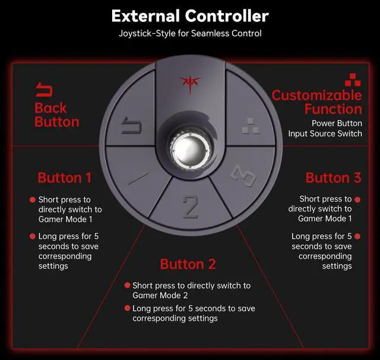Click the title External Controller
point(190,16)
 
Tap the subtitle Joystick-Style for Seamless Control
point(190,33)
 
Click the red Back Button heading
point(57,115)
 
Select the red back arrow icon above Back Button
point(44,90)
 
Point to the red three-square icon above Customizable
point(353,80)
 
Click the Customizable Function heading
point(316,102)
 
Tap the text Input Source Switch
point(325,134)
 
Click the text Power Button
point(337,123)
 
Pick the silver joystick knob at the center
point(190,150)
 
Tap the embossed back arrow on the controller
point(131,125)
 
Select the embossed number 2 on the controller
point(191,207)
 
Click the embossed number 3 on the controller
point(243,176)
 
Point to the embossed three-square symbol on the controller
point(251,126)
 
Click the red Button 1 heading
point(65,178)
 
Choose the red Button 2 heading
point(188,264)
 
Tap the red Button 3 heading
point(333,178)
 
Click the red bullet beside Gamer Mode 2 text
point(127,285)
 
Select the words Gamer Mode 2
point(160,295)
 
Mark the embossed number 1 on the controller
point(138,178)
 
